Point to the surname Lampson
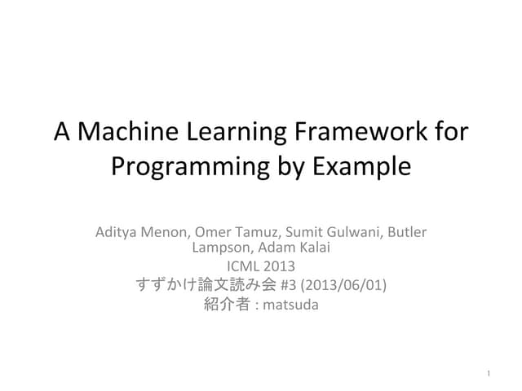(221, 248)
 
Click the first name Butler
(405, 231)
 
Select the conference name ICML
(242, 266)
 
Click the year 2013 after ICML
(280, 266)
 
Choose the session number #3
(288, 284)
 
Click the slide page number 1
(486, 374)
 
